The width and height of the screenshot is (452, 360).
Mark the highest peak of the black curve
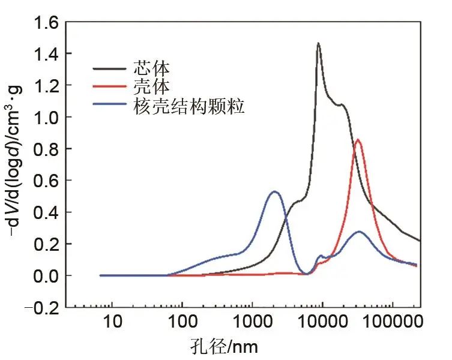pyautogui.click(x=318, y=43)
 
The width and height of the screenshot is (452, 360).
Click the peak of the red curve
pyautogui.click(x=358, y=140)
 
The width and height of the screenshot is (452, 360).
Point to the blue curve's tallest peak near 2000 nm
pyautogui.click(x=274, y=192)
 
